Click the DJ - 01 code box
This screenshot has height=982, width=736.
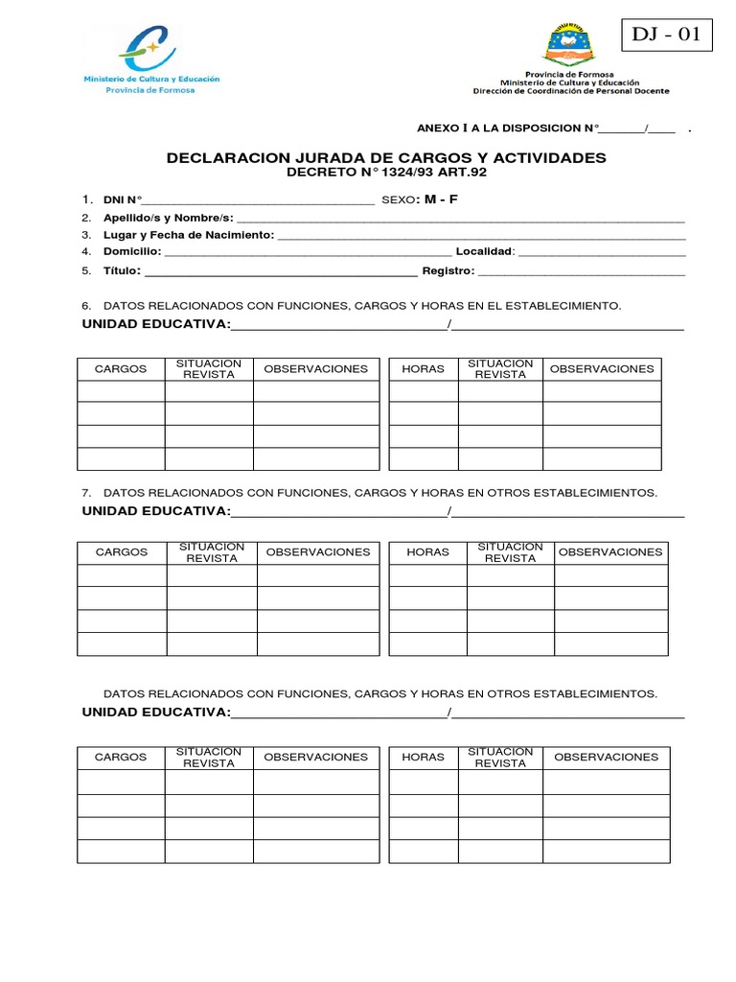[667, 35]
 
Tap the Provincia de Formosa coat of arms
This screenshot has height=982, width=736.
[569, 44]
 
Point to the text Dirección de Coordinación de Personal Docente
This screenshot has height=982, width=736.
[571, 91]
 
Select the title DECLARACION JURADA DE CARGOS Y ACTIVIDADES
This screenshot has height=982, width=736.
[386, 157]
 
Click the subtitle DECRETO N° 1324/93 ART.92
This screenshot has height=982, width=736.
[387, 173]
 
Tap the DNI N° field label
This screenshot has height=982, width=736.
[123, 199]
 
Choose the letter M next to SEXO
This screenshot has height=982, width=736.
[429, 199]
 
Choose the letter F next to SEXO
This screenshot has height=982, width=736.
[454, 199]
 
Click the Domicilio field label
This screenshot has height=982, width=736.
[132, 252]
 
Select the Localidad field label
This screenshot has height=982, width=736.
[485, 252]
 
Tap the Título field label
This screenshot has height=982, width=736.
[122, 270]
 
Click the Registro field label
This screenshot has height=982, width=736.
[448, 270]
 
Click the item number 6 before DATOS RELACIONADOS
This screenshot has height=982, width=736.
[85, 306]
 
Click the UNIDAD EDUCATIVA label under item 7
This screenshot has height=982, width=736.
[156, 510]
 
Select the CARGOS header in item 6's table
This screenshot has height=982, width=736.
[121, 369]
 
